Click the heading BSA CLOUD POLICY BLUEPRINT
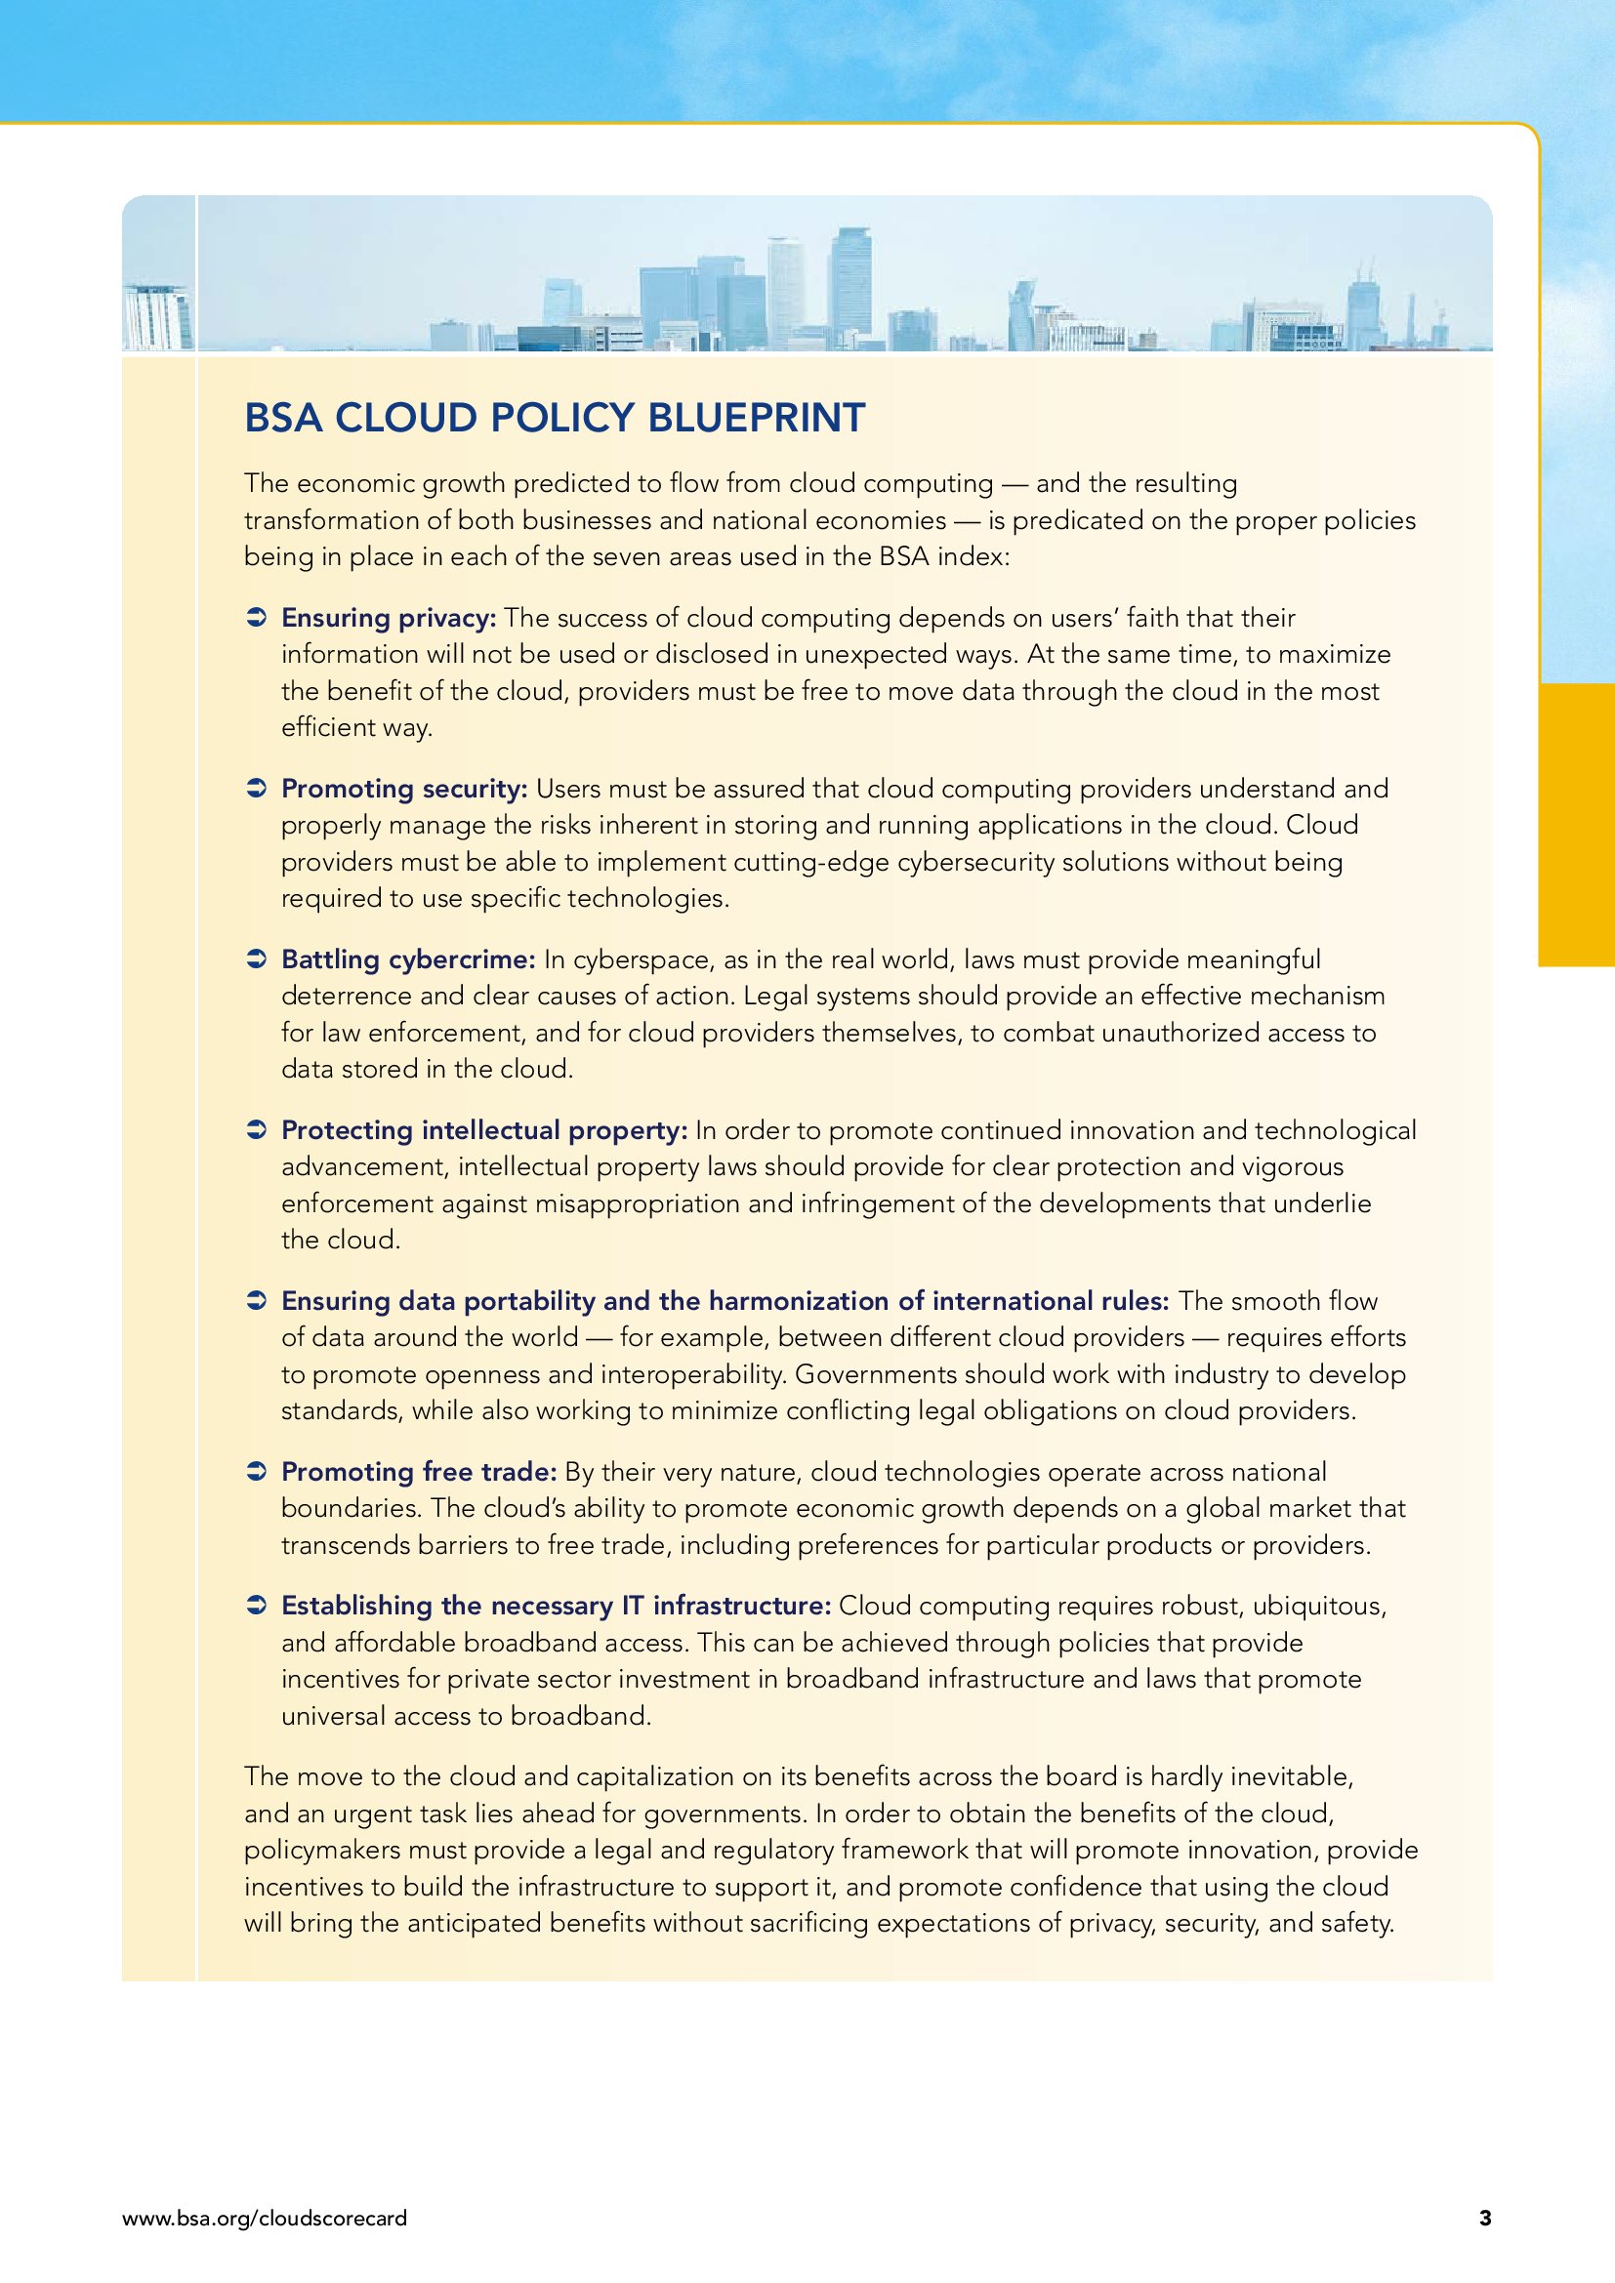tap(554, 419)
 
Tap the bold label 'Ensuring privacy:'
tap(389, 619)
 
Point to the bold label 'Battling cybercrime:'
tap(409, 960)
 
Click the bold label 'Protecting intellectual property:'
tap(484, 1131)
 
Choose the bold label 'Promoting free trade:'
tap(419, 1473)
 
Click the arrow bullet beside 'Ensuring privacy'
tap(256, 620)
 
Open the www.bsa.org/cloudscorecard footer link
tap(265, 2219)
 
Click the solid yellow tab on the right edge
tap(1576, 825)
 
